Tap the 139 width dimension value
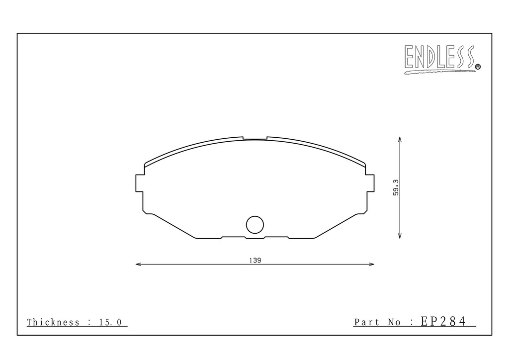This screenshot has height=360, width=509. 255,261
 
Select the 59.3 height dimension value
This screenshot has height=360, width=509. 396,187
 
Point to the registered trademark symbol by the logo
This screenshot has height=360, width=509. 478,67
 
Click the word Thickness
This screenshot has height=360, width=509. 53,322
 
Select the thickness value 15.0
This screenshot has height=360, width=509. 110,322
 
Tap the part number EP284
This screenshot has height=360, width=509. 443,321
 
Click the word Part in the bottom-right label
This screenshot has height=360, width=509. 367,322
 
